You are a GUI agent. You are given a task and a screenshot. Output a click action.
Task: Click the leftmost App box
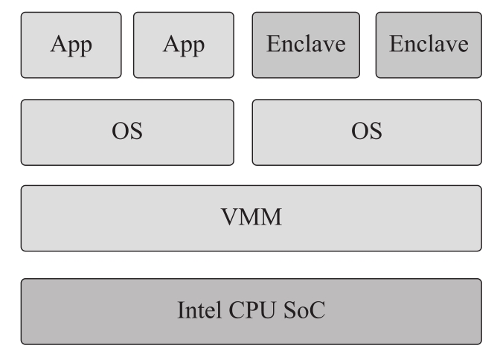point(71,45)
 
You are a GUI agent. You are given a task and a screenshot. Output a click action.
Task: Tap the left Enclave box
point(306,45)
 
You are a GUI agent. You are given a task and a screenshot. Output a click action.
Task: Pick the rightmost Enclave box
point(429,45)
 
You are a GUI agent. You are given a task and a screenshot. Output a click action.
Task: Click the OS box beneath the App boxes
point(126,132)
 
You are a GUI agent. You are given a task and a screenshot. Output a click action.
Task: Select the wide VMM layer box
point(251,218)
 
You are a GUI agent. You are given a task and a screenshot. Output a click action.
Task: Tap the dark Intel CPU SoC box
point(251,311)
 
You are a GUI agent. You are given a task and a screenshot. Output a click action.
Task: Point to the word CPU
point(251,309)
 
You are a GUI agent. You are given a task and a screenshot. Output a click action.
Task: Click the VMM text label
point(251,218)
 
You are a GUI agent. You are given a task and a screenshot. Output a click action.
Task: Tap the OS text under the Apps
point(126,132)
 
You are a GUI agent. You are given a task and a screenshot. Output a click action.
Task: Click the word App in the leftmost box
point(71,45)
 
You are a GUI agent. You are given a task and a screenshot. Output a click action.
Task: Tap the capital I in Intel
point(180,309)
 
